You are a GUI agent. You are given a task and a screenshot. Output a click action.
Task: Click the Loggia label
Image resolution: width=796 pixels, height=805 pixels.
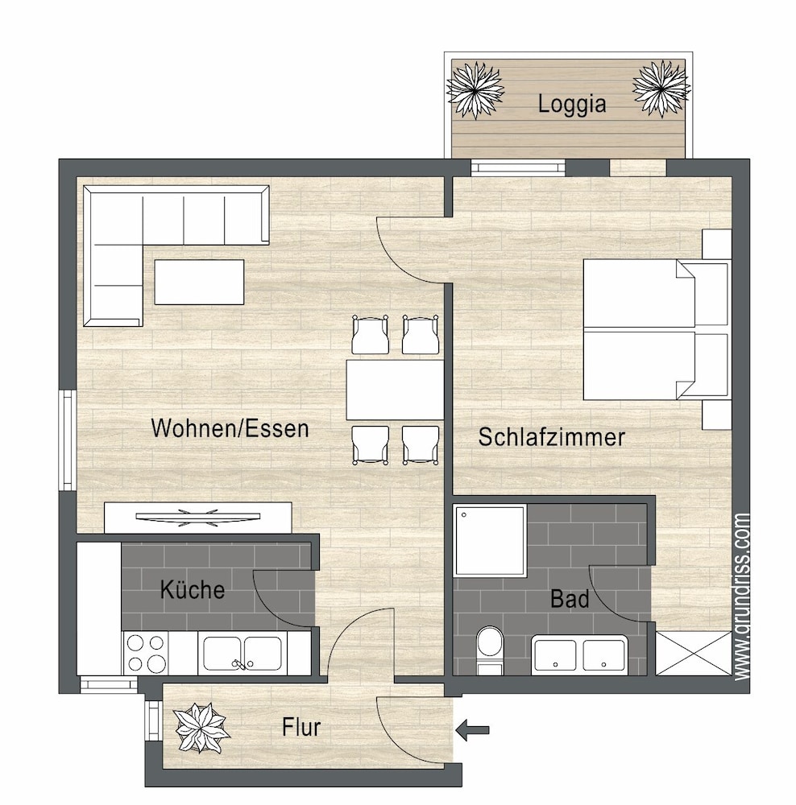click(x=571, y=104)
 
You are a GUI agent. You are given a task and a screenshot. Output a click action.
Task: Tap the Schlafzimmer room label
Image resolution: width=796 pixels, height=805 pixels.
click(x=551, y=437)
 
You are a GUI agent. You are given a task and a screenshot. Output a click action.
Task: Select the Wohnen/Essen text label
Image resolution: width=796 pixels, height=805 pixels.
click(x=230, y=427)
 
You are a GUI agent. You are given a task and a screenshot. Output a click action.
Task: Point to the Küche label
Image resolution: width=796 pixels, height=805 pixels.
click(x=192, y=589)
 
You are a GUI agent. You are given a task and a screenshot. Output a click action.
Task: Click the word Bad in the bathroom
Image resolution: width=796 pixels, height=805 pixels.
click(x=569, y=599)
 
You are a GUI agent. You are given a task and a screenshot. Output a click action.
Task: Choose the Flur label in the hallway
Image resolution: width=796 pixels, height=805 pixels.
click(x=301, y=728)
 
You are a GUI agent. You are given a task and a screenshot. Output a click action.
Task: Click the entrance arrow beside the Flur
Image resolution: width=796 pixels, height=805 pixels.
click(x=473, y=730)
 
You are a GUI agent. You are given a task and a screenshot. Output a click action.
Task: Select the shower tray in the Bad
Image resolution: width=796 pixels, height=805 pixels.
click(x=490, y=540)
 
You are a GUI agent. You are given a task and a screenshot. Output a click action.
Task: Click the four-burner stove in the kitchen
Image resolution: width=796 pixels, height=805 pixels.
click(x=146, y=653)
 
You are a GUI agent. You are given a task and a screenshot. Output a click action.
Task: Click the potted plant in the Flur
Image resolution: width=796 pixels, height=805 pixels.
click(x=201, y=728)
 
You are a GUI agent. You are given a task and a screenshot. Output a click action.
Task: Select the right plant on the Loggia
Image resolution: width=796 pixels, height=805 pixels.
click(x=661, y=88)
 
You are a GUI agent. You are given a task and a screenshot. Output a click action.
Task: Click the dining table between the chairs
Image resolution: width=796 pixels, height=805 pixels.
click(x=394, y=390)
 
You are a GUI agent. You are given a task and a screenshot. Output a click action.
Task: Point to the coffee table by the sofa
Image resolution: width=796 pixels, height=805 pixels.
click(x=199, y=282)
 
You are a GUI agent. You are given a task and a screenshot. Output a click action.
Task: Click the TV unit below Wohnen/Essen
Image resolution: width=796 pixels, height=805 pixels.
click(x=197, y=517)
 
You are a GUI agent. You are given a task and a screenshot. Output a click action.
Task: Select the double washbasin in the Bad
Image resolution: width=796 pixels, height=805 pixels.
click(x=579, y=654)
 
